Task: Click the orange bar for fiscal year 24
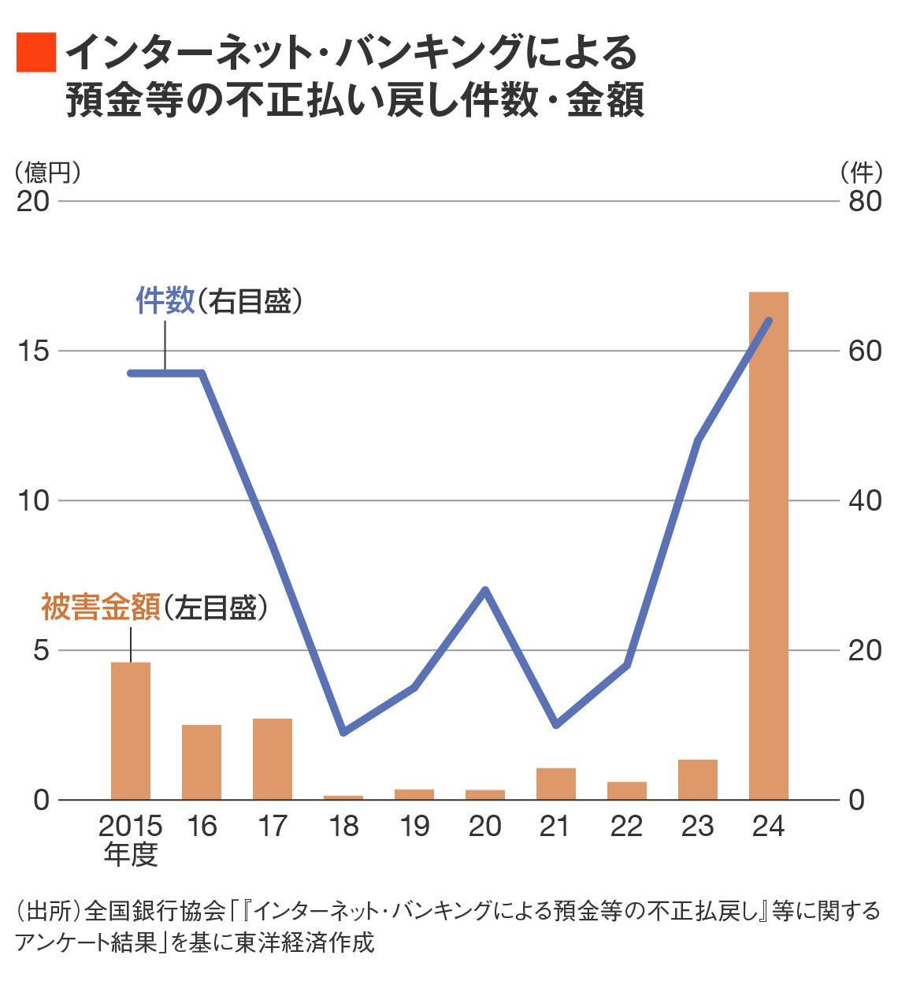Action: (x=768, y=545)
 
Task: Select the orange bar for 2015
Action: (x=131, y=730)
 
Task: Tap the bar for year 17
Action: (x=273, y=759)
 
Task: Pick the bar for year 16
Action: (x=202, y=762)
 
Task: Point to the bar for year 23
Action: (x=698, y=779)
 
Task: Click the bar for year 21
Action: (x=556, y=783)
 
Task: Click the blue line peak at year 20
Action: (x=485, y=590)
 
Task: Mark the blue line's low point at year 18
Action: (x=343, y=732)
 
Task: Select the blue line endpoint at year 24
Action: (x=769, y=321)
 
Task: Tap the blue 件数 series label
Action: (x=165, y=301)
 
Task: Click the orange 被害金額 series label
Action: (x=101, y=607)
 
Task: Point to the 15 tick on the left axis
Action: (x=33, y=351)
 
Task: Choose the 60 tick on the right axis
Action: (x=865, y=351)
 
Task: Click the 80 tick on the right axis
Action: (x=865, y=201)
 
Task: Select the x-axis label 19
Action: (x=414, y=826)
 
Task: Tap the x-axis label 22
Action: (x=627, y=826)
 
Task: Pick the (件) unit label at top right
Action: (x=861, y=172)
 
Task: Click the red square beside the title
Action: (x=36, y=53)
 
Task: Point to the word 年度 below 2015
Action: (x=131, y=854)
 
